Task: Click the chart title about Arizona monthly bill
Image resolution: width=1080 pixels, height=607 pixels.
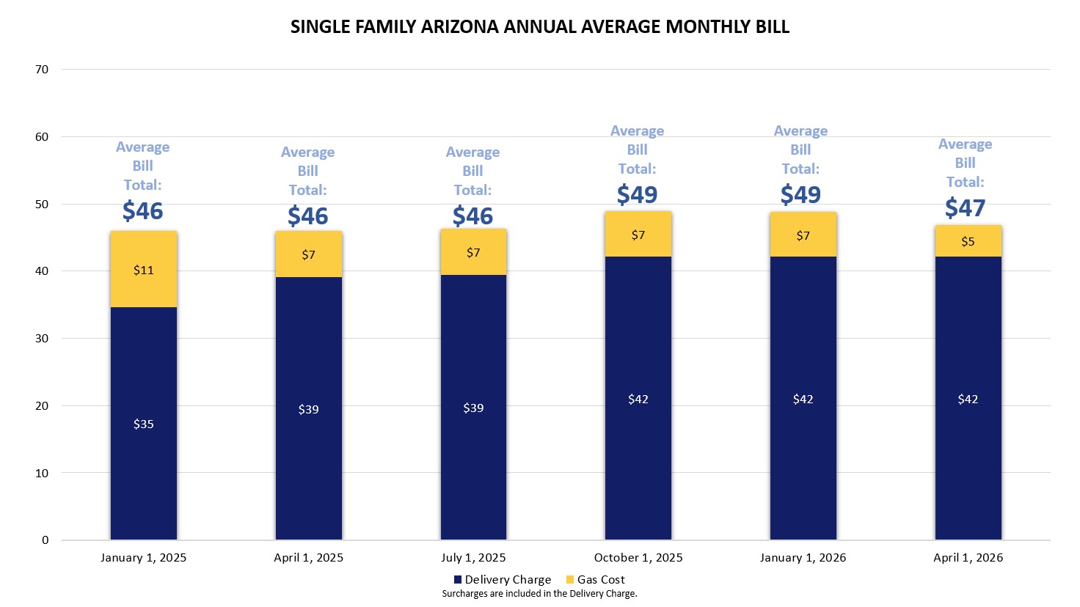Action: pos(540,27)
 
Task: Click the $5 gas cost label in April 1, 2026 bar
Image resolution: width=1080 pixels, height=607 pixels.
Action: pos(968,242)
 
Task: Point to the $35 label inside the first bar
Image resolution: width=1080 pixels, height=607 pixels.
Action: pos(144,424)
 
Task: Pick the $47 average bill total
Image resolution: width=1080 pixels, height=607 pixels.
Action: pos(965,208)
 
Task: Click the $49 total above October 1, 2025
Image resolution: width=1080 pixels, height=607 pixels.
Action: pos(637,195)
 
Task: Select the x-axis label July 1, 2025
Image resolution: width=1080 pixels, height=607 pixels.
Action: pos(473,558)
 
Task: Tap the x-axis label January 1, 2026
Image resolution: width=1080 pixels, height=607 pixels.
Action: pos(803,558)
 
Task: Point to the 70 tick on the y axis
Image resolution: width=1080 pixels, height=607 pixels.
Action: pos(41,70)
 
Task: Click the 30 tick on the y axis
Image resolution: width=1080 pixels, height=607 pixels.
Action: pos(41,339)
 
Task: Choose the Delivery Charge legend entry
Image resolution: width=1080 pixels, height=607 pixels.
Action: pos(507,580)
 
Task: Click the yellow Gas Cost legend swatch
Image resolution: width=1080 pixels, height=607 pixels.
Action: pos(570,580)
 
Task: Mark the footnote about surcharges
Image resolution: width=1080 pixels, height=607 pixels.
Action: pos(539,594)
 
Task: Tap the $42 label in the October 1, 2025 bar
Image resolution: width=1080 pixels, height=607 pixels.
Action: pos(638,400)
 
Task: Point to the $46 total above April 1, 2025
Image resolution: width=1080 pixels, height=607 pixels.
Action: pos(307,216)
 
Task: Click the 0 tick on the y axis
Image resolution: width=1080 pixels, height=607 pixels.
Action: pos(45,540)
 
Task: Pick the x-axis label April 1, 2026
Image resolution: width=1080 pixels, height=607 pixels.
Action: pos(968,558)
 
